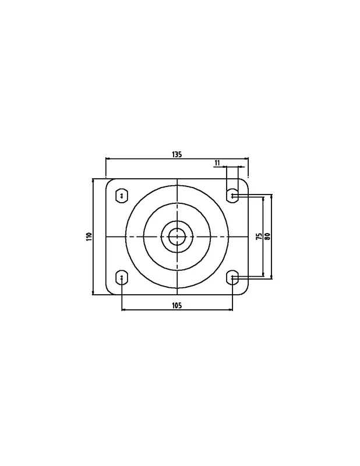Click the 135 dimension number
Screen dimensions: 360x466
pyautogui.click(x=177, y=154)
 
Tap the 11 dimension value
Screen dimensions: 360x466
pyautogui.click(x=217, y=163)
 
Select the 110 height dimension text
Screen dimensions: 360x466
pyautogui.click(x=90, y=236)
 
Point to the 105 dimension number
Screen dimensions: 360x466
pyautogui.click(x=177, y=305)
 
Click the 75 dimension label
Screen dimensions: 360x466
pyautogui.click(x=259, y=236)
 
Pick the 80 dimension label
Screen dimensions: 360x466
pyautogui.click(x=267, y=236)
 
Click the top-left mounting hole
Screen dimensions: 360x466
pyautogui.click(x=122, y=196)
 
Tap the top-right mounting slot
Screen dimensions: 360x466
pyautogui.click(x=232, y=196)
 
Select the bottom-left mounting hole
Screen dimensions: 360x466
pyautogui.click(x=122, y=277)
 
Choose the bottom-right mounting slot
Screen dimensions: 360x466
pyautogui.click(x=232, y=277)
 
